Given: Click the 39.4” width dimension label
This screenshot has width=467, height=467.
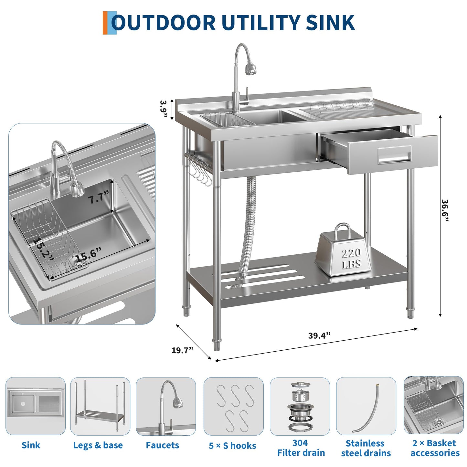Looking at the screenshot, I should click(x=319, y=335).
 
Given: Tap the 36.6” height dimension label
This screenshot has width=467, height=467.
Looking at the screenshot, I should click(x=445, y=210).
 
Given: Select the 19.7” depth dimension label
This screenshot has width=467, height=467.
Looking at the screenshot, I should click(x=182, y=350).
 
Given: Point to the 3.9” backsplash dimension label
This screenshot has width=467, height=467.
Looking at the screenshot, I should click(x=164, y=109).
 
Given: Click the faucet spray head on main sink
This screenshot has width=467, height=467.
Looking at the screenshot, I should click(x=250, y=69).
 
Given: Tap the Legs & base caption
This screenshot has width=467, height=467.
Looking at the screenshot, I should click(x=98, y=445).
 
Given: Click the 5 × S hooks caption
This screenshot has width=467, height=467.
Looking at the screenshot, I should click(x=232, y=446).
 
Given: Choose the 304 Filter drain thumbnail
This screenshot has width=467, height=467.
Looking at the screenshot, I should click(x=300, y=406).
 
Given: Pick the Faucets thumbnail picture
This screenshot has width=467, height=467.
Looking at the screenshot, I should click(x=166, y=406).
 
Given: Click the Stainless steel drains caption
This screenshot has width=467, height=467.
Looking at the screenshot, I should click(x=366, y=448).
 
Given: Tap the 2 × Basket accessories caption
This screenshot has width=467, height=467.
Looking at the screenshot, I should click(x=435, y=448).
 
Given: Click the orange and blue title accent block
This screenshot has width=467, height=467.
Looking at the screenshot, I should click(x=109, y=23).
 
